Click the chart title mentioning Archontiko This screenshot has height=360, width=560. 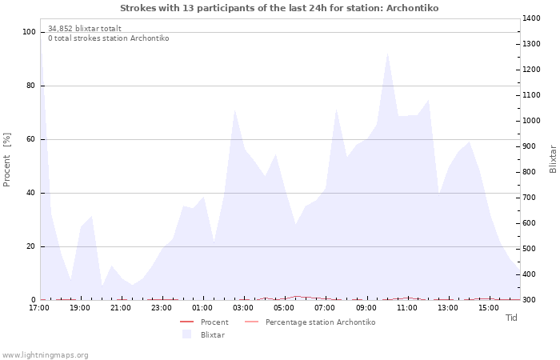click(x=279, y=8)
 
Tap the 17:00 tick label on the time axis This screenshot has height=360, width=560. click(x=40, y=307)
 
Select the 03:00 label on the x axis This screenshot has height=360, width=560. click(x=243, y=307)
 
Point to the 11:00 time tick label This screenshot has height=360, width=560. click(x=407, y=307)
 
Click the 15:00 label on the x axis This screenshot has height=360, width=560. click(x=489, y=307)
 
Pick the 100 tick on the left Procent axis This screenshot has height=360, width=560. click(x=30, y=32)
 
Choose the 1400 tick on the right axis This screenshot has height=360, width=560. click(x=532, y=18)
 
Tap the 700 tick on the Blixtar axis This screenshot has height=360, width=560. click(x=530, y=198)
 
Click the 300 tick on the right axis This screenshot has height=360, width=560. click(x=530, y=300)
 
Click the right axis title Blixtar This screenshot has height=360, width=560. click(x=553, y=158)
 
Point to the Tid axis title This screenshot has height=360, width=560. click(x=511, y=318)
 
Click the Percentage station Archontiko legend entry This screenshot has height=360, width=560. click(x=320, y=322)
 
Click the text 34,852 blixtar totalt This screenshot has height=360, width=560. click(x=85, y=29)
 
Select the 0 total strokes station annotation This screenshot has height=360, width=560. click(x=108, y=38)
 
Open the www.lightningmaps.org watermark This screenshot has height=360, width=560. click(x=45, y=355)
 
